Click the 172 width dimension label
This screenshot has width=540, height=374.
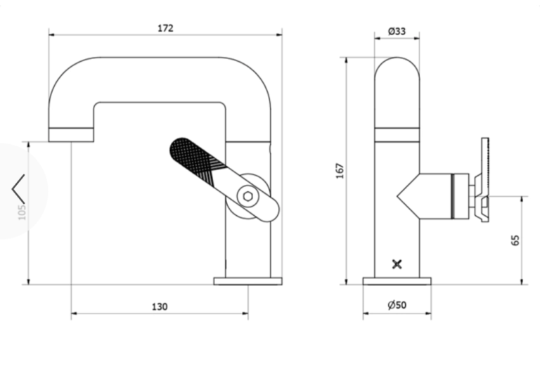click(x=165, y=28)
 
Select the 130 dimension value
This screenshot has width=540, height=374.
click(x=160, y=307)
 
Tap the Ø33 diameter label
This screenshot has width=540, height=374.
click(x=397, y=31)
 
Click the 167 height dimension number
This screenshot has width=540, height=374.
click(x=339, y=170)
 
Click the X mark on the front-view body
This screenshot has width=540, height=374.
click(x=397, y=264)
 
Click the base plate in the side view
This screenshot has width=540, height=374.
click(x=247, y=281)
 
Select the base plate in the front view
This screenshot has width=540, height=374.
click(x=397, y=281)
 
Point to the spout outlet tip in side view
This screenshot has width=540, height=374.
click(x=71, y=134)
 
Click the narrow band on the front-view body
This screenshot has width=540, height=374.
click(x=397, y=134)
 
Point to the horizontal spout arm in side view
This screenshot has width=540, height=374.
click(x=158, y=79)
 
